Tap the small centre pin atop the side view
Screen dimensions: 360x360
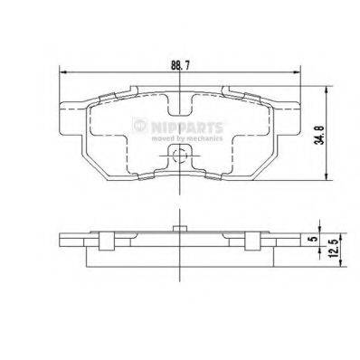click(181, 224)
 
